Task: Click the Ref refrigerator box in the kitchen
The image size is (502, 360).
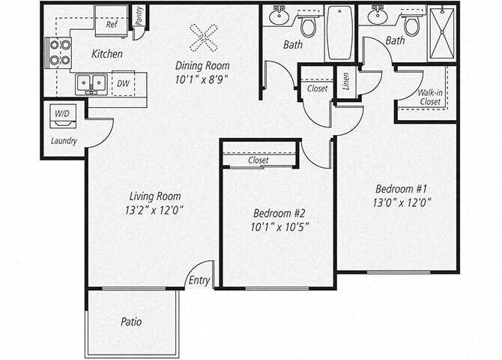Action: (112, 22)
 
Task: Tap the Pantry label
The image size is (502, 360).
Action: (139, 16)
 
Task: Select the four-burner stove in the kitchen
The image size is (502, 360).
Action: (58, 52)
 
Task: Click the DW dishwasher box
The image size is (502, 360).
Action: (122, 82)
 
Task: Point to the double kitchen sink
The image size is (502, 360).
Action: (91, 82)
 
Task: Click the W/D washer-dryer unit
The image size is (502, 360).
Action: (61, 115)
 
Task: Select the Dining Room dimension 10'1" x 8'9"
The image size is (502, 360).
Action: (202, 77)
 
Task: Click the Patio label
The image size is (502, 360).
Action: (131, 322)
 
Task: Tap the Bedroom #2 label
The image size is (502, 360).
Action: (277, 212)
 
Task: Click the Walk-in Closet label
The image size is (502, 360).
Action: (429, 97)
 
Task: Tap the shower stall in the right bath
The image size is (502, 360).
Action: (442, 34)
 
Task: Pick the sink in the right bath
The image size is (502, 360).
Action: (378, 16)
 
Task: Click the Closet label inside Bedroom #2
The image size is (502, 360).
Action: (258, 160)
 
